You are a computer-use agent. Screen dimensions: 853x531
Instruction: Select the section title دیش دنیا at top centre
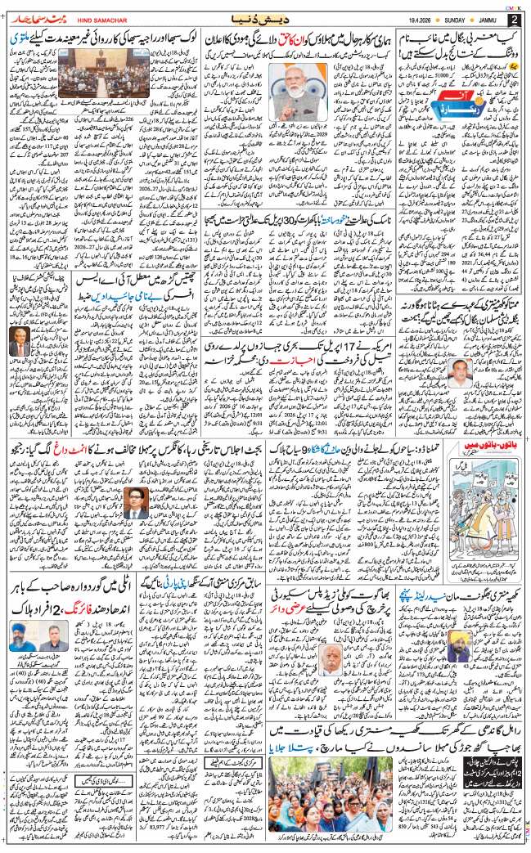pyautogui.click(x=264, y=18)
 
